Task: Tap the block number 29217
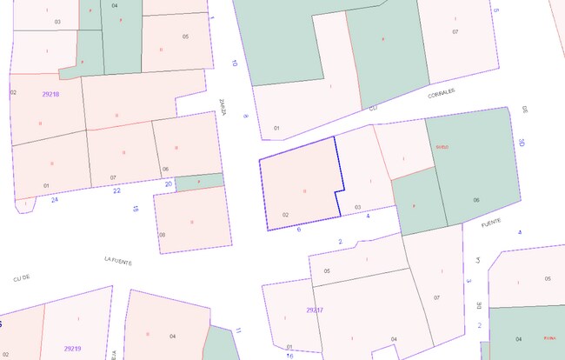tap(315, 310)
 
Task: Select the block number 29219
tap(73, 348)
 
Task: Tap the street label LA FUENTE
tap(117, 260)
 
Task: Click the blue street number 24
tap(55, 199)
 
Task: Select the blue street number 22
tap(116, 190)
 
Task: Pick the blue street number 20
tap(169, 183)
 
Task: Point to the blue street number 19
tap(135, 210)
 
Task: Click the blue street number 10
tap(234, 63)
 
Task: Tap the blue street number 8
tap(246, 116)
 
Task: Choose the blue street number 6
tap(299, 230)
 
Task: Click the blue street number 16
tap(290, 355)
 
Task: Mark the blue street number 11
tap(238, 331)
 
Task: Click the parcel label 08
tap(163, 235)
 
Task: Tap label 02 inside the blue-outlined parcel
tap(285, 215)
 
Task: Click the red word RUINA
tap(548, 338)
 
